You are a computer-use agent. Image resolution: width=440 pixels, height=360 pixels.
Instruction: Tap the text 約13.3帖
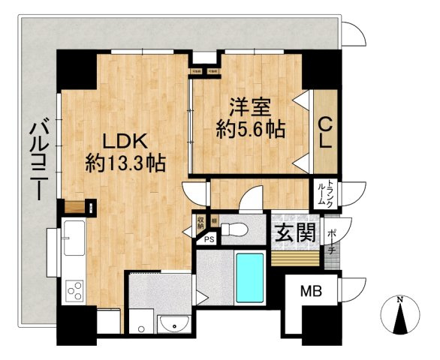click(x=125, y=162)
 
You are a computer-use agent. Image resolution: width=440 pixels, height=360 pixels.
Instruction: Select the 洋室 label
click(x=250, y=107)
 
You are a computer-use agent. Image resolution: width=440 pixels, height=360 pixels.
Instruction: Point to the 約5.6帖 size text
click(x=250, y=130)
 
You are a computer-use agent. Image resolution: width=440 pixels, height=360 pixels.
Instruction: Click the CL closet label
click(x=326, y=133)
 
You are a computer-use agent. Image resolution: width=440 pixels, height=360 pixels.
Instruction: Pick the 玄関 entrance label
click(x=294, y=234)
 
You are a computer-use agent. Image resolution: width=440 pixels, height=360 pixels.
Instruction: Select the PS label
click(x=208, y=238)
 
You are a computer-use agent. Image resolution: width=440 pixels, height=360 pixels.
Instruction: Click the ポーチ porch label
click(x=331, y=240)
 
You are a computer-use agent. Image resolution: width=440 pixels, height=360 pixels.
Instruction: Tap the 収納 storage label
click(x=201, y=222)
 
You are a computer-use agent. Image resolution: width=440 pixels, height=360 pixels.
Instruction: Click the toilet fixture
click(x=237, y=227)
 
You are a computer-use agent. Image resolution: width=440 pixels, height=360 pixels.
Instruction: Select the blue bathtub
click(x=249, y=277)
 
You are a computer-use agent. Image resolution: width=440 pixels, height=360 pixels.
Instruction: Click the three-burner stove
click(x=74, y=289)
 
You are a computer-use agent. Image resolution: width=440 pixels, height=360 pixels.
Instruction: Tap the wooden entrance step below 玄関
click(x=294, y=257)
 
